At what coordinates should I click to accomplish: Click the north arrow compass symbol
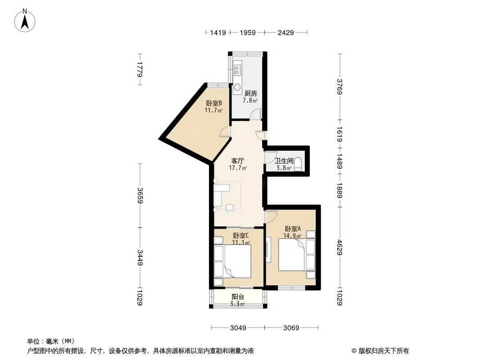(x=25, y=21)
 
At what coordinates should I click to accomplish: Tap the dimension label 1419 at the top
(x=218, y=32)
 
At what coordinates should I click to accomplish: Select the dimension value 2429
(x=285, y=32)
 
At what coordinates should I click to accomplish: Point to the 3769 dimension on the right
(x=340, y=87)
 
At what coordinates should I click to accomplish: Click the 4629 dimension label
(x=340, y=247)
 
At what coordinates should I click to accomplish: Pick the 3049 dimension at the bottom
(x=238, y=328)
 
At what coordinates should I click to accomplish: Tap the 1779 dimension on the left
(x=140, y=69)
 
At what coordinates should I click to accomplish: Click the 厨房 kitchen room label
(x=251, y=93)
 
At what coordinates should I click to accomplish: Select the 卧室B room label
(x=214, y=103)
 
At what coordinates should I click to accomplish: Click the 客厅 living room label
(x=238, y=161)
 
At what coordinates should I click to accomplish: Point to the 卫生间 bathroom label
(x=284, y=161)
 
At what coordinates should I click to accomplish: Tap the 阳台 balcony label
(x=238, y=297)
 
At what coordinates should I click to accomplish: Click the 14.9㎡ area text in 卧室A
(x=292, y=235)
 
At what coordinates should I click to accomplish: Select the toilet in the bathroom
(x=298, y=165)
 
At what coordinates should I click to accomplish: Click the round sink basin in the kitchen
(x=237, y=87)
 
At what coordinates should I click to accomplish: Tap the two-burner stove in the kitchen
(x=237, y=70)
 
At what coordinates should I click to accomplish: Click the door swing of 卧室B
(x=225, y=131)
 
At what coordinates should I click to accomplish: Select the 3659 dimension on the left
(x=140, y=195)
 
